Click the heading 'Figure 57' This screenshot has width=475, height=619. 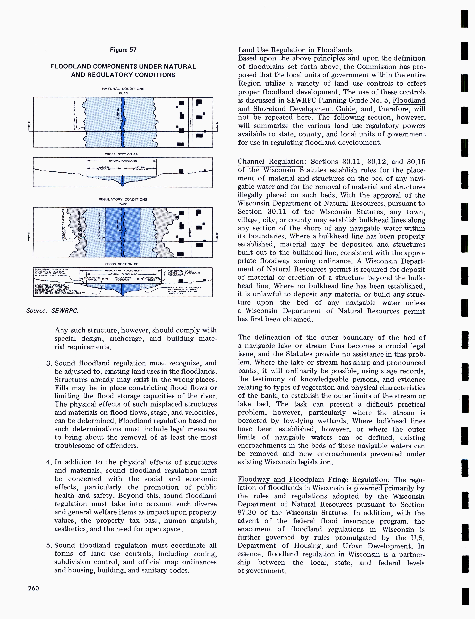pyautogui.click(x=123, y=50)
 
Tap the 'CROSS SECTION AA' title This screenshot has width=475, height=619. pyautogui.click(x=121, y=154)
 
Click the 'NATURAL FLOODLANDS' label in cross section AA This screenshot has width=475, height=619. pyautogui.click(x=121, y=161)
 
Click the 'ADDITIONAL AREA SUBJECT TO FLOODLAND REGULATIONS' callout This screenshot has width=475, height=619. pyautogui.click(x=184, y=273)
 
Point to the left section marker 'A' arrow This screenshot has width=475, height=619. pyautogui.click(x=29, y=126)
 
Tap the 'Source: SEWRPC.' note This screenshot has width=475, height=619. pyautogui.click(x=52, y=311)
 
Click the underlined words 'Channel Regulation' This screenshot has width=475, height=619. pyautogui.click(x=271, y=162)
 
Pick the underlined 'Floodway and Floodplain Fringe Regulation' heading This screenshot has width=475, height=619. pyautogui.click(x=312, y=480)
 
